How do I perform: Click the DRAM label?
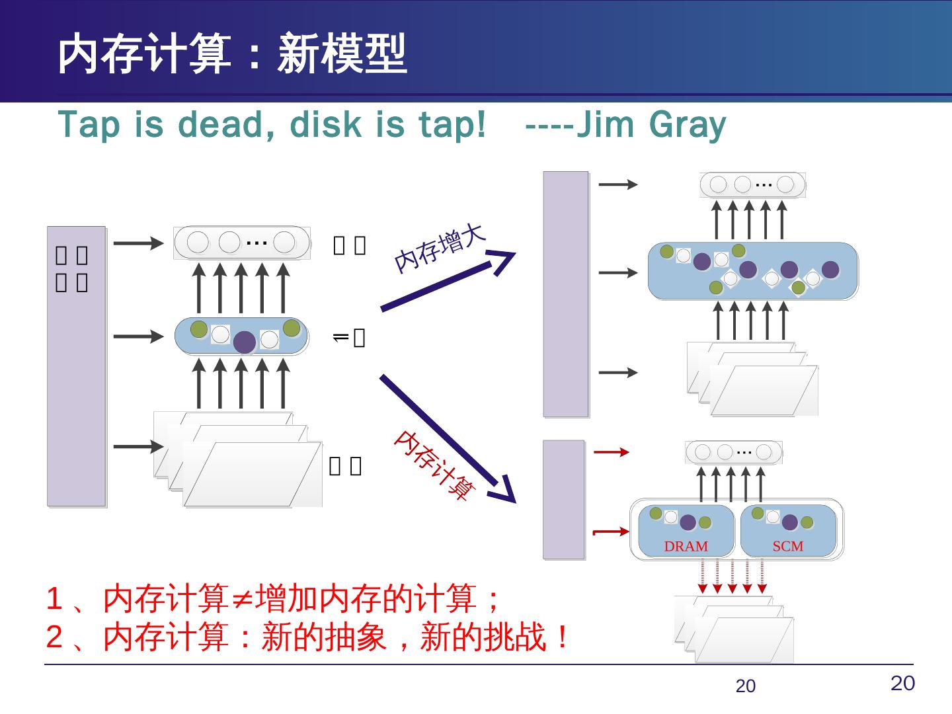click(686, 547)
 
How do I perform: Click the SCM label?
click(788, 546)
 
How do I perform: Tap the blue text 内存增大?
click(440, 248)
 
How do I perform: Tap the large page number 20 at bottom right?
click(902, 684)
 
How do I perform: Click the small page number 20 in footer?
click(745, 687)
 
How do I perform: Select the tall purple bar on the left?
click(76, 366)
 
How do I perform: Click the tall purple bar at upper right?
click(566, 294)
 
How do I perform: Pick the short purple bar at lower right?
click(564, 500)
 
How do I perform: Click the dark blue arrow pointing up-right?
click(448, 281)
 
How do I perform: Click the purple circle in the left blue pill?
click(245, 342)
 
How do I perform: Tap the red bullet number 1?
click(54, 599)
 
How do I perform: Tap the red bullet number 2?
click(54, 637)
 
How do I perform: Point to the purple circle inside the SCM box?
click(789, 522)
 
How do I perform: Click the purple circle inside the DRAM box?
click(688, 522)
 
